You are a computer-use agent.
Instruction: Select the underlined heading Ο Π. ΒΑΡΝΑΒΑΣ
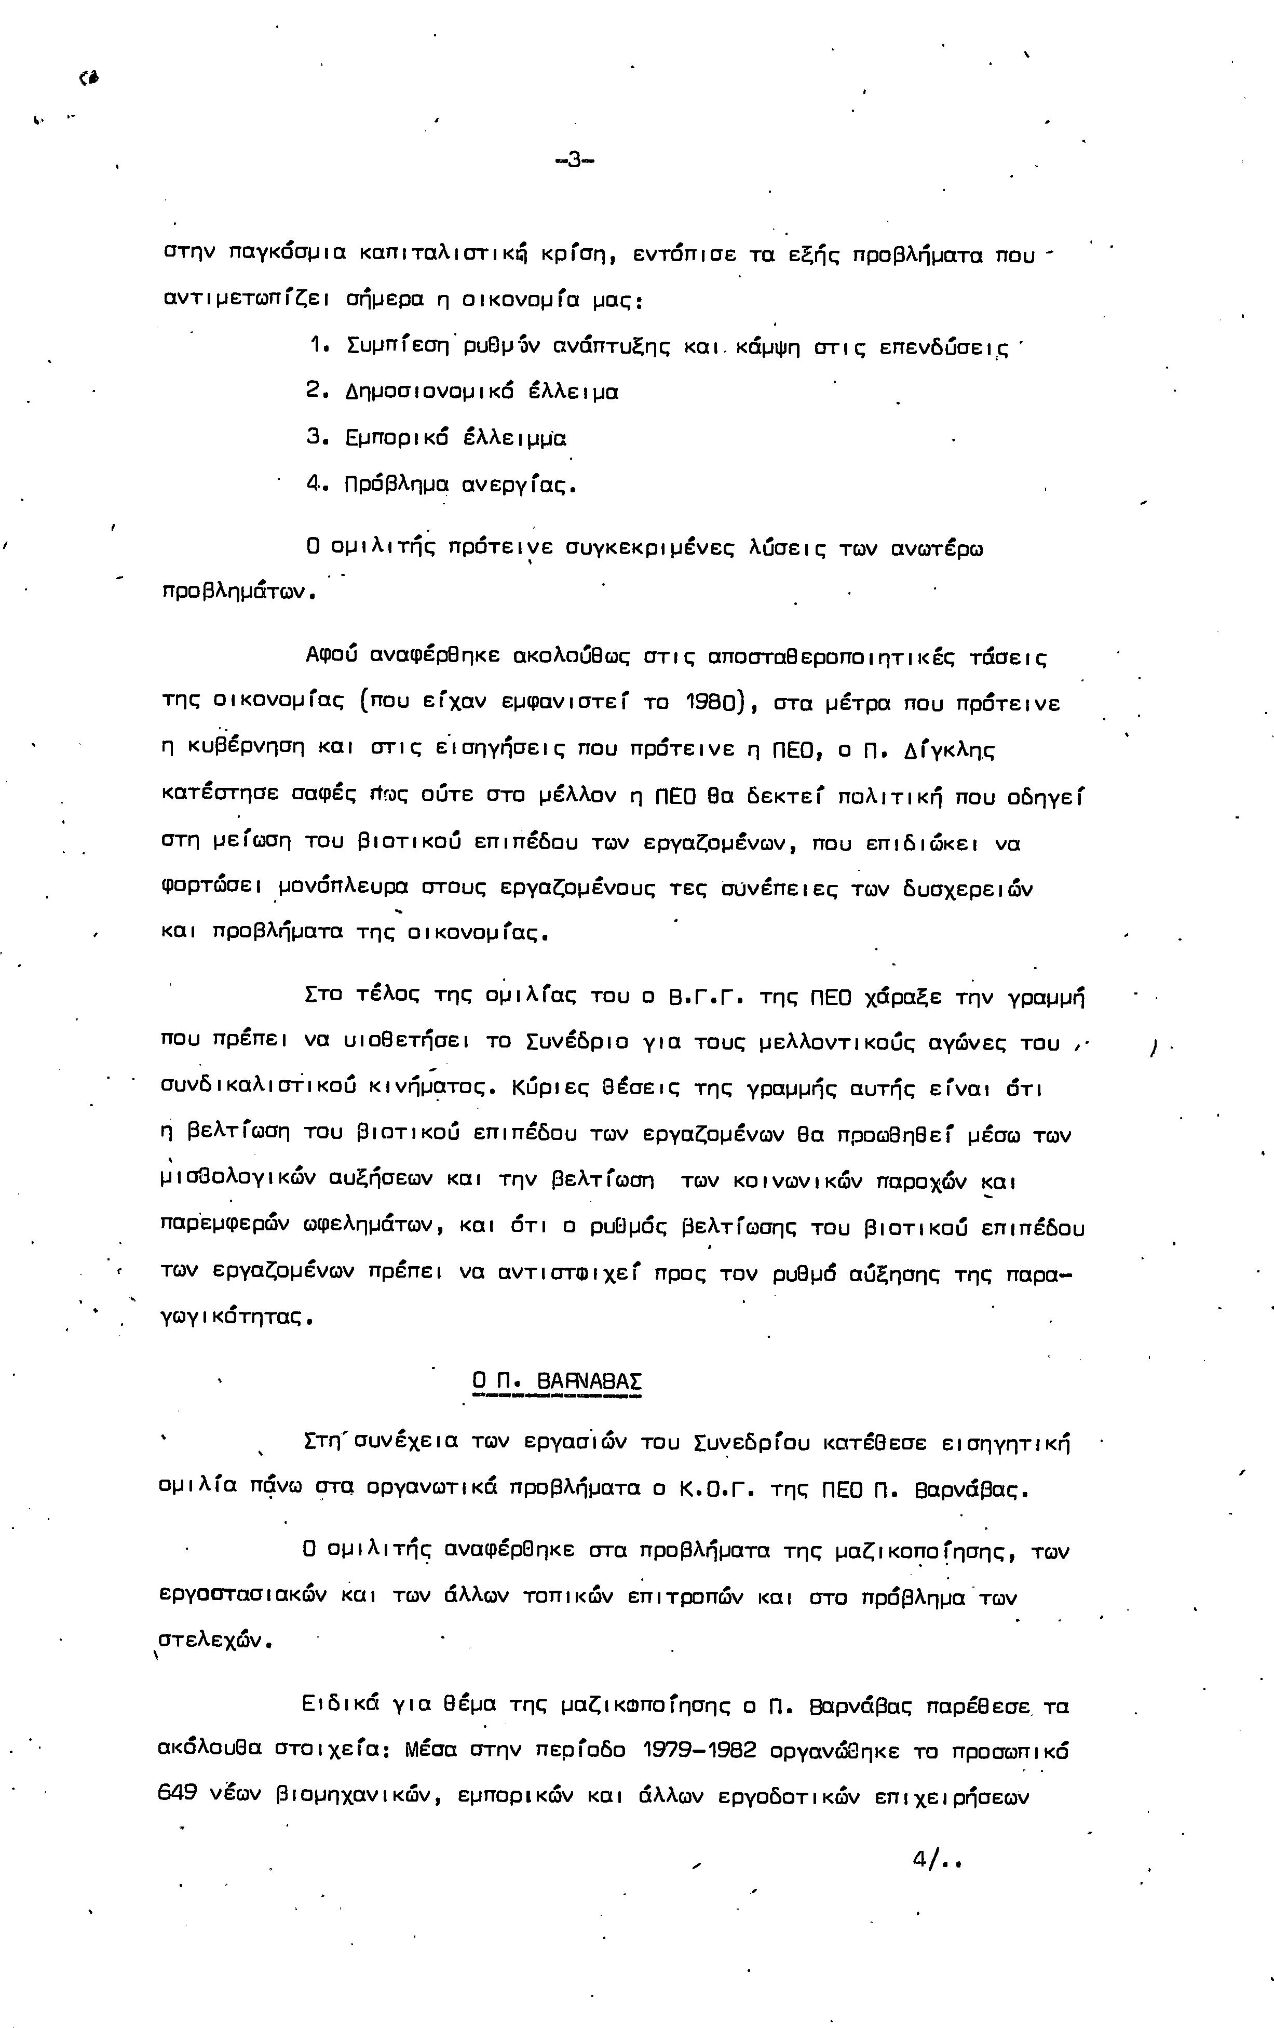pos(557,1381)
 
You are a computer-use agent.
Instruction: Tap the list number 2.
pos(316,392)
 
